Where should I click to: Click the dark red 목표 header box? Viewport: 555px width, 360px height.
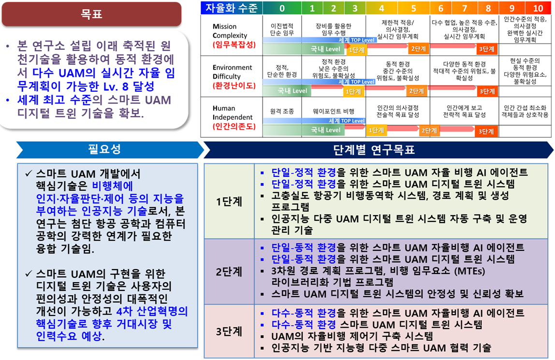(92, 14)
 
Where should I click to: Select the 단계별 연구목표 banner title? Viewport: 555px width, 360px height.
(374, 150)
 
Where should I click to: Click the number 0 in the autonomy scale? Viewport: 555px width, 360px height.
(282, 8)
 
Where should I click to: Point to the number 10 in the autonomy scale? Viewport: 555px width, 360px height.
(538, 8)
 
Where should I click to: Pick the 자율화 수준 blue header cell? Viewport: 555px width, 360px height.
(232, 8)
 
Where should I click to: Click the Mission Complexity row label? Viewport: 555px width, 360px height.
(230, 31)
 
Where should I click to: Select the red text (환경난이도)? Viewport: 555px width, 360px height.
(234, 86)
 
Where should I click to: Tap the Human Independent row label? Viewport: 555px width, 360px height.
(233, 113)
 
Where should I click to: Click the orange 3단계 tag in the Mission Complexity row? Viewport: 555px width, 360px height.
(487, 49)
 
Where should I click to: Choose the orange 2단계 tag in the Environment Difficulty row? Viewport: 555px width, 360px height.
(417, 91)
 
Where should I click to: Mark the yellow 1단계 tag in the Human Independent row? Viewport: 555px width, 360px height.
(376, 130)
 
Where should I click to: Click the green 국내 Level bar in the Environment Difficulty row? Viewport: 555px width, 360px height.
(287, 91)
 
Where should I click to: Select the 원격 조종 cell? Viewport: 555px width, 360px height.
(282, 112)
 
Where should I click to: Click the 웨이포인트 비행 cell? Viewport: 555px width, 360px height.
(334, 112)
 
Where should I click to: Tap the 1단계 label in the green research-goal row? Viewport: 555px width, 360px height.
(229, 202)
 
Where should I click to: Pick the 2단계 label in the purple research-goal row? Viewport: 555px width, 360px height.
(229, 272)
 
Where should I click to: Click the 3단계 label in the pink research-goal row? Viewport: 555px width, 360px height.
(229, 331)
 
